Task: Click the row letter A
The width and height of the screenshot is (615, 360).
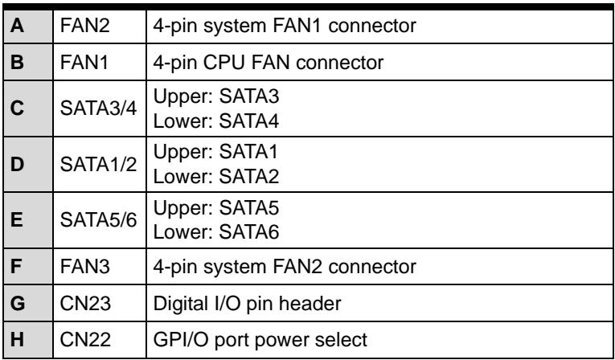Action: click(x=17, y=27)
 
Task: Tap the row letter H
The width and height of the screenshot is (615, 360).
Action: click(x=17, y=340)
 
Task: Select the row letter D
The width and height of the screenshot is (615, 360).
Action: click(x=17, y=164)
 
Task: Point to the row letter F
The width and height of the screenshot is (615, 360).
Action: click(x=16, y=267)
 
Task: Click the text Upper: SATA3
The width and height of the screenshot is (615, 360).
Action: click(x=216, y=96)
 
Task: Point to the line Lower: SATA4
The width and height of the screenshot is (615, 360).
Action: click(x=216, y=121)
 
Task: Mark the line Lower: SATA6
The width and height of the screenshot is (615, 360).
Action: click(x=216, y=232)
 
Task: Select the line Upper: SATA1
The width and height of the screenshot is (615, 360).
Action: click(x=216, y=151)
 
